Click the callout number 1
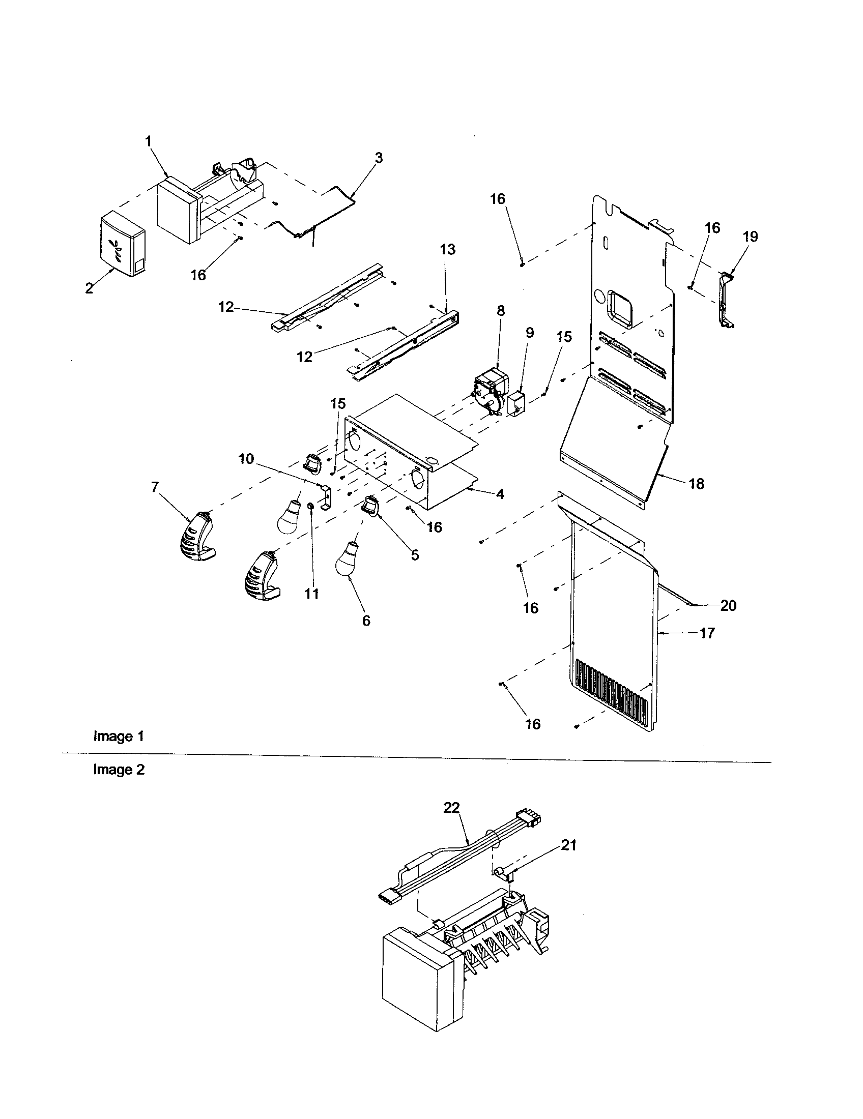pos(149,141)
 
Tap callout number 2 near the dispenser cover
pos(90,288)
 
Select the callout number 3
pos(378,158)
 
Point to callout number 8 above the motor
pos(500,310)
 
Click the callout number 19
pos(750,237)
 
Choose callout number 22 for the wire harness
pos(451,808)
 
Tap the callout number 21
pos(568,845)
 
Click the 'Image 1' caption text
pos(119,737)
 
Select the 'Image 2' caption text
pos(119,770)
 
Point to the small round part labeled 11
pos(310,506)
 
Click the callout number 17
pos(707,633)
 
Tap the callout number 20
pos(728,606)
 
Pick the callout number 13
pos(447,250)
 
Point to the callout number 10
pos(246,459)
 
